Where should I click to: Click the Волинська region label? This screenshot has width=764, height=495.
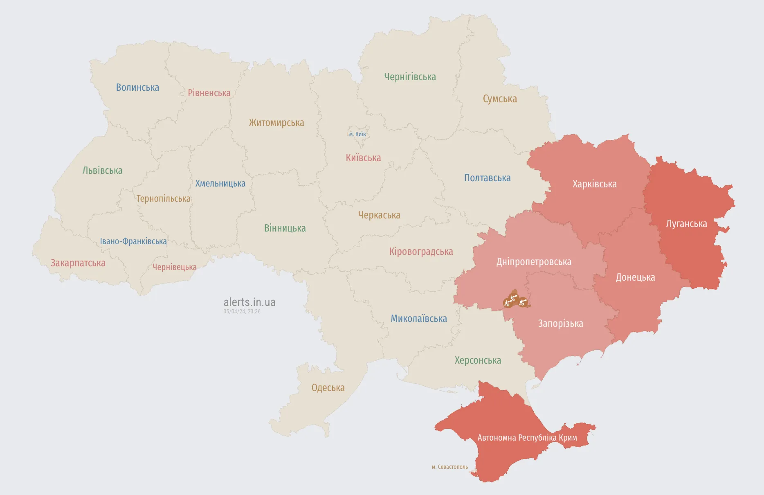[x=137, y=88]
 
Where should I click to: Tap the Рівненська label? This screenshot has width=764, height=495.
[x=209, y=93]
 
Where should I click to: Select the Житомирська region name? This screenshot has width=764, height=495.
[x=276, y=123]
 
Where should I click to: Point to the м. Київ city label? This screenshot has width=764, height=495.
[x=357, y=134]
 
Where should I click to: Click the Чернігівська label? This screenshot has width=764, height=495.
[x=410, y=77]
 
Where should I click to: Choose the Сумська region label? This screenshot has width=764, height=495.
[x=500, y=99]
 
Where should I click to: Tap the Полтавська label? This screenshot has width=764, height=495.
[x=487, y=178]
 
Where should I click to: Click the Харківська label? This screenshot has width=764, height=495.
[x=594, y=184]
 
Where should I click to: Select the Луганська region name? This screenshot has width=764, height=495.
[x=686, y=224]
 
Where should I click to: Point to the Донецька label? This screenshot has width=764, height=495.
[x=635, y=277]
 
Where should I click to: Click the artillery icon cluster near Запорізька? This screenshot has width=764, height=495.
[x=516, y=300]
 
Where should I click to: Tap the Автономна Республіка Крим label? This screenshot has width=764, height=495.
[x=527, y=438]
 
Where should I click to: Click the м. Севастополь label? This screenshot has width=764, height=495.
[x=450, y=467]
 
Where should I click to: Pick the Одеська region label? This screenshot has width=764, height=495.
[x=328, y=388]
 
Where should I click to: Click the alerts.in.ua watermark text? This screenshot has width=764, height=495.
[x=249, y=302]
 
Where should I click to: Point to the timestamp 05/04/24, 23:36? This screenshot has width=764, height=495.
[x=242, y=312]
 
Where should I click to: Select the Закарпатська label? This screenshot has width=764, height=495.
[x=78, y=263]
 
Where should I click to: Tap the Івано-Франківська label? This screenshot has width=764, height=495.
[x=133, y=241]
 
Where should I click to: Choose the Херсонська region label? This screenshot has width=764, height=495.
[x=478, y=360]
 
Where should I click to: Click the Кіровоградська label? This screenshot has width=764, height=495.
[x=421, y=252]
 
